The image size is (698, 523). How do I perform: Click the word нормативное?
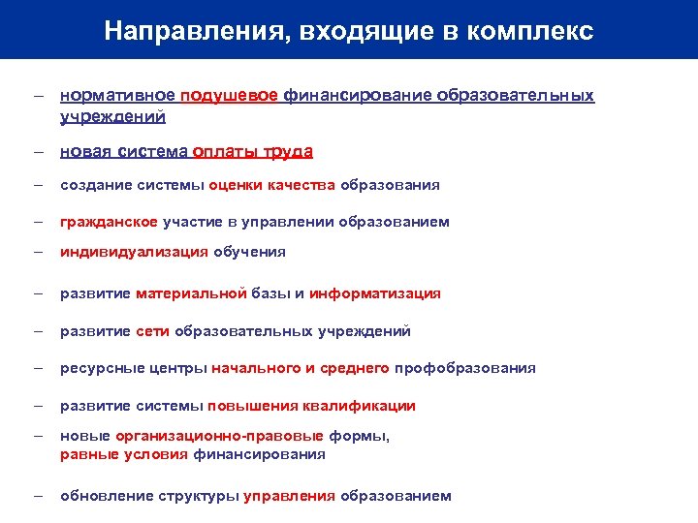pyautogui.click(x=117, y=96)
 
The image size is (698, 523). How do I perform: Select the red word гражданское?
pyautogui.click(x=109, y=222)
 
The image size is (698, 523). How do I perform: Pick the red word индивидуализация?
pyautogui.click(x=134, y=252)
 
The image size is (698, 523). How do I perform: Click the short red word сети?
pyautogui.click(x=152, y=331)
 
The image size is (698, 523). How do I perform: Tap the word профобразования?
pyautogui.click(x=464, y=368)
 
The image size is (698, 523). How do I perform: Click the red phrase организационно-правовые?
pyautogui.click(x=219, y=436)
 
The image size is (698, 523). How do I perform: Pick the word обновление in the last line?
pyautogui.click(x=106, y=496)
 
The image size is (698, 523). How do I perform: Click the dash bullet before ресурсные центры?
pyautogui.click(x=37, y=368)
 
